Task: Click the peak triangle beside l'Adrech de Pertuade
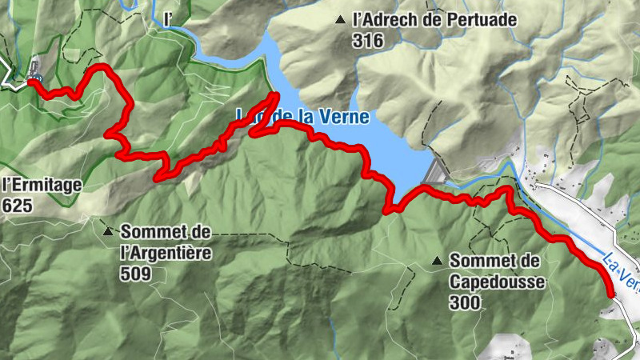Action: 342,20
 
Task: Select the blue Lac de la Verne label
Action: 302,117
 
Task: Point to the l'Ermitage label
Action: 42,186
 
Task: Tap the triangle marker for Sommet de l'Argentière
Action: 108,232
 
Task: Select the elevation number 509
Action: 136,274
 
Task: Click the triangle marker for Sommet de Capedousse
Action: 437,261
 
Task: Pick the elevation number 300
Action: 465,302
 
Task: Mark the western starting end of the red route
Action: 31,81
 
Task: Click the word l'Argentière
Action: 166,253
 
